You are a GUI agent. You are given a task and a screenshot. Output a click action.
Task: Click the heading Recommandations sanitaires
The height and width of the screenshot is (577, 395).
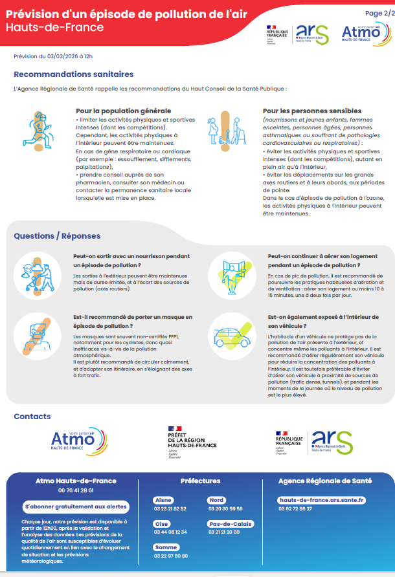click(x=64, y=74)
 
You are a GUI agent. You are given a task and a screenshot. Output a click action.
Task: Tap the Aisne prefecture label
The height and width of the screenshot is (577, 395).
click(x=163, y=500)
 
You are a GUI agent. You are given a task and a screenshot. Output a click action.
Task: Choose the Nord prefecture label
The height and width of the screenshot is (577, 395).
click(x=217, y=500)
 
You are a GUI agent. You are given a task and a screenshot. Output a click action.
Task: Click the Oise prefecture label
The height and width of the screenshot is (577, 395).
click(x=162, y=524)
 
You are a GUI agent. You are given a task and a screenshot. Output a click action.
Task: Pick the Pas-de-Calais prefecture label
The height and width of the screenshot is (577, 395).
click(x=231, y=524)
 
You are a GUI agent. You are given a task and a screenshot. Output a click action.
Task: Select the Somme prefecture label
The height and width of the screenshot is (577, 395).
click(x=166, y=547)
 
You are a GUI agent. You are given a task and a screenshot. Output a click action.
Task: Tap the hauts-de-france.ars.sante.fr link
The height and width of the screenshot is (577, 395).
click(x=322, y=500)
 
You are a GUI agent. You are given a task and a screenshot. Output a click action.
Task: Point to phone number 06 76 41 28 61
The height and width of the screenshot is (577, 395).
click(x=76, y=491)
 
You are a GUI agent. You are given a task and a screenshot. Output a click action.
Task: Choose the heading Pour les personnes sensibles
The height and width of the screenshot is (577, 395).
click(x=312, y=111)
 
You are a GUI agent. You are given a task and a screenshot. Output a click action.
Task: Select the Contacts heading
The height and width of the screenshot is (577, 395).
click(x=32, y=417)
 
